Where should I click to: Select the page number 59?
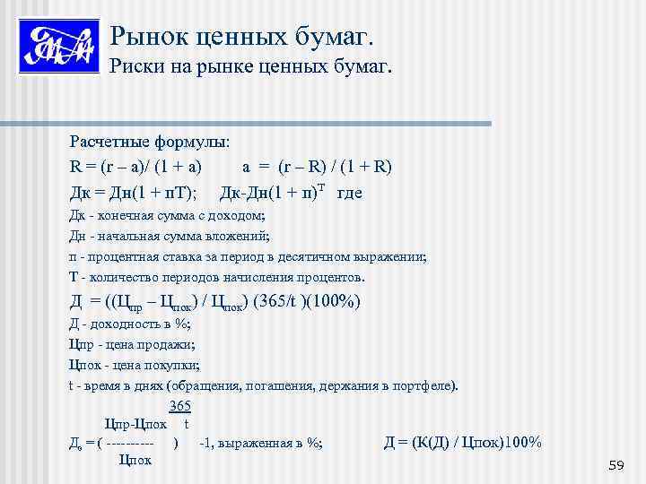615,464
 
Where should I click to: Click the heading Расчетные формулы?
150,142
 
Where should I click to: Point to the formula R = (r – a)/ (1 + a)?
135,167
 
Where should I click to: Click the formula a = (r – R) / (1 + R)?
317,167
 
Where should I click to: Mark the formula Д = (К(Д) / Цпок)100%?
462,442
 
